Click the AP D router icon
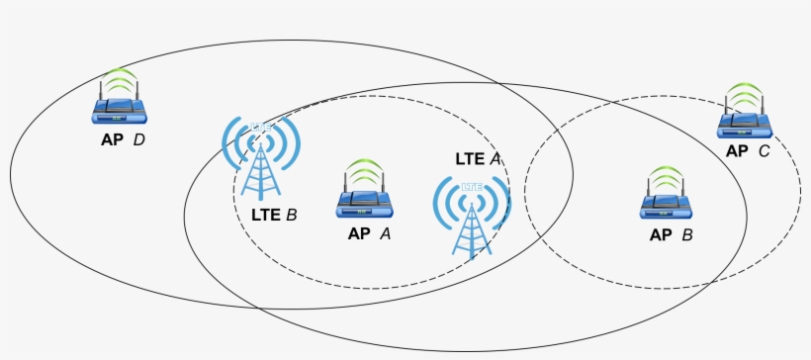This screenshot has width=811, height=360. coord(120,110)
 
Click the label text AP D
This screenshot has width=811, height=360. coord(123,139)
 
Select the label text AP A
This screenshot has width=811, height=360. coord(369,234)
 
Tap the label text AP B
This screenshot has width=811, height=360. coord(670,235)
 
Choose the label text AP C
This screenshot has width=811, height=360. coord(748,151)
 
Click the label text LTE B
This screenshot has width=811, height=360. coord(274,214)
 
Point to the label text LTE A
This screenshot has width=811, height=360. coord(478,158)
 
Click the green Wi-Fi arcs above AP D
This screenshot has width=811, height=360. coord(120,78)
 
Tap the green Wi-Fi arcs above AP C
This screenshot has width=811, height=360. coord(746,96)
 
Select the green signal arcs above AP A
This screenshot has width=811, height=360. coord(365,171)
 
